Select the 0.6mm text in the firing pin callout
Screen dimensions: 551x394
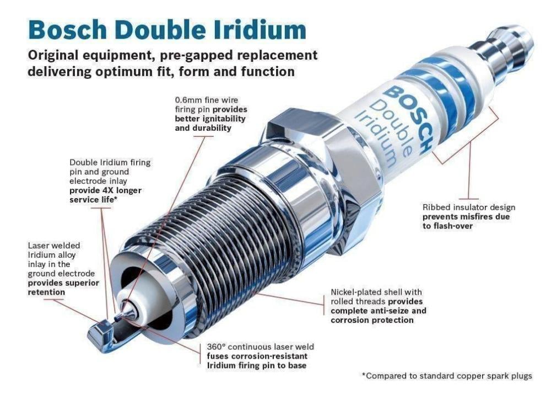(x=188, y=100)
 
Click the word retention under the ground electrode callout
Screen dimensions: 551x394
(x=46, y=292)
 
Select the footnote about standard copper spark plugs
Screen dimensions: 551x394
(x=447, y=376)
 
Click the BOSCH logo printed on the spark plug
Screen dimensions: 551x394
(x=408, y=120)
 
